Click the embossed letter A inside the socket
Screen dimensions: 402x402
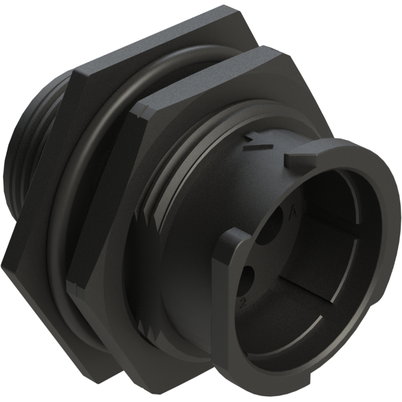pyautogui.click(x=294, y=212)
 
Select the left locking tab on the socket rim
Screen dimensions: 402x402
pyautogui.click(x=231, y=249)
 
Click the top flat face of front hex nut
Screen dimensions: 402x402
pyautogui.click(x=208, y=78)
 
